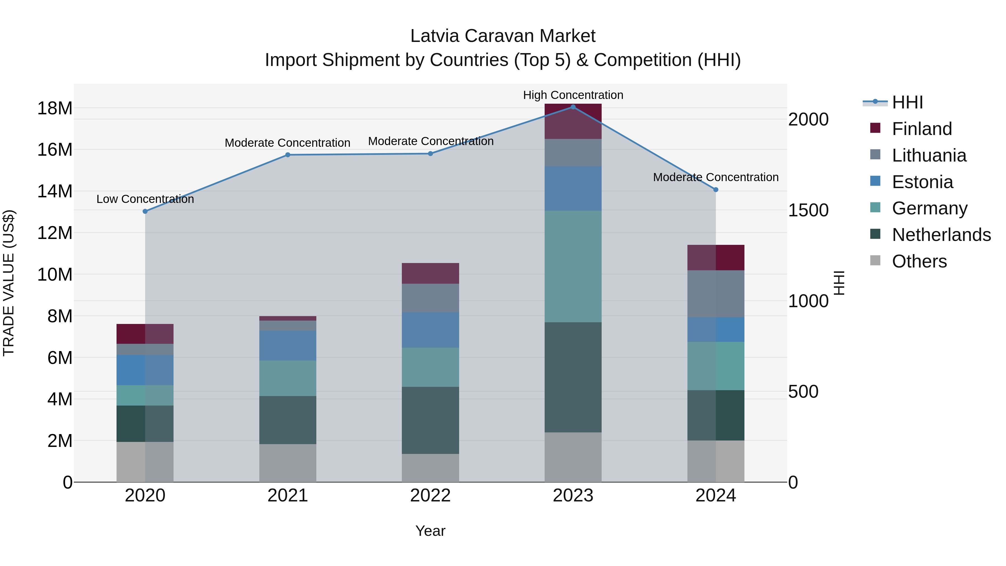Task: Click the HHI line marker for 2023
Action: pyautogui.click(x=573, y=107)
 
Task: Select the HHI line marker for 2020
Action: pyautogui.click(x=145, y=211)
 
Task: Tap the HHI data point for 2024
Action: pyautogui.click(x=715, y=190)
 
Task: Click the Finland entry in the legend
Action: pyautogui.click(x=922, y=129)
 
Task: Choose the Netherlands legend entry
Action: pyautogui.click(x=941, y=235)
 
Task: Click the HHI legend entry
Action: pyautogui.click(x=907, y=102)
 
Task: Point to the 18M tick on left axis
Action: pyautogui.click(x=55, y=108)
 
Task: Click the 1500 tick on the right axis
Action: pyautogui.click(x=808, y=210)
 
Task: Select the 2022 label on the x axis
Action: pyautogui.click(x=430, y=496)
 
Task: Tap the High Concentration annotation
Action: pyautogui.click(x=573, y=95)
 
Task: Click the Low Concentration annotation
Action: pyautogui.click(x=145, y=199)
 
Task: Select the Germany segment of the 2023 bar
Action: pyautogui.click(x=573, y=266)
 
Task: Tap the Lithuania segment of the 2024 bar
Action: pyautogui.click(x=715, y=294)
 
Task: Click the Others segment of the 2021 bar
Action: pyautogui.click(x=288, y=463)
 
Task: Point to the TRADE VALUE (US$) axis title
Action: pyautogui.click(x=9, y=283)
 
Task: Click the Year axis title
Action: pyautogui.click(x=430, y=531)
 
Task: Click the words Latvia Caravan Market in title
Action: pyautogui.click(x=503, y=36)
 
